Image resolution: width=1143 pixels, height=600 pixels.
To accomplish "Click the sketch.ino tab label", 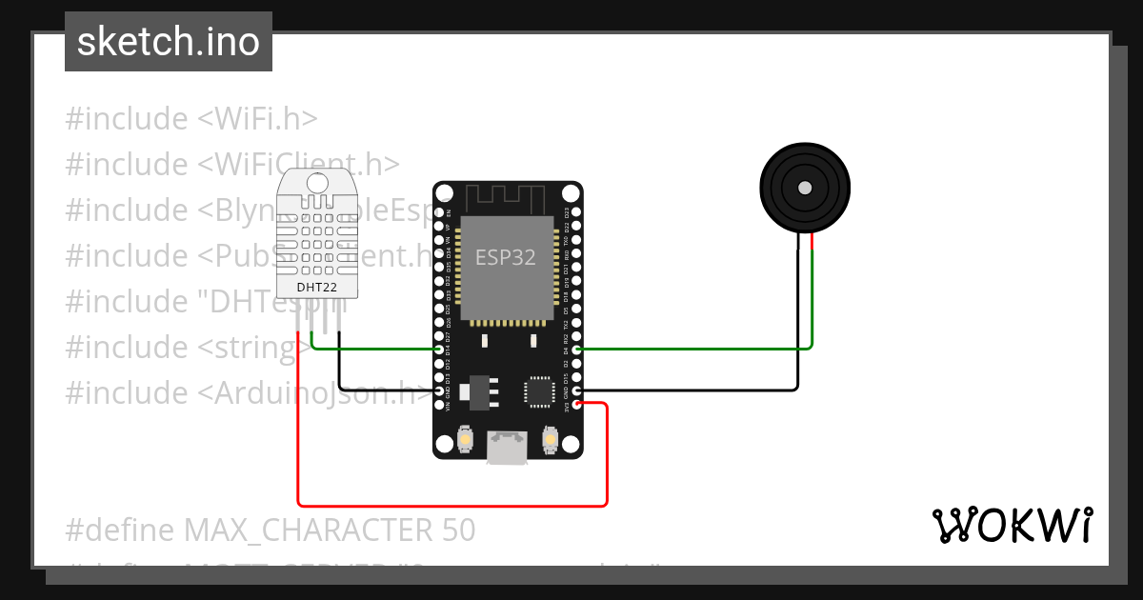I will tap(168, 42).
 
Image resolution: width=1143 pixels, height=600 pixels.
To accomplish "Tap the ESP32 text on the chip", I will tap(506, 257).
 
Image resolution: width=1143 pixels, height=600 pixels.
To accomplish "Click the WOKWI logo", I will tap(1012, 526).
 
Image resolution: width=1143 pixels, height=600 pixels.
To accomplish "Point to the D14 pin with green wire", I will tap(440, 350).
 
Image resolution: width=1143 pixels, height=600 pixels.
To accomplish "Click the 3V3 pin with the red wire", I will tap(576, 405).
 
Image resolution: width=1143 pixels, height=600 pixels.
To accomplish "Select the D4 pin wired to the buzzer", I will tap(576, 350).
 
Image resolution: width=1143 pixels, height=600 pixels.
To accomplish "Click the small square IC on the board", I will tap(538, 390).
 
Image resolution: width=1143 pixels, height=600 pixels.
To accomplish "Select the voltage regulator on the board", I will tap(475, 391).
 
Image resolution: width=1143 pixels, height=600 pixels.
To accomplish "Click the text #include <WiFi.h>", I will tap(190, 119).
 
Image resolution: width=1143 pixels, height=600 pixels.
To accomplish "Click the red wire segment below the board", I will tap(452, 505).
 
